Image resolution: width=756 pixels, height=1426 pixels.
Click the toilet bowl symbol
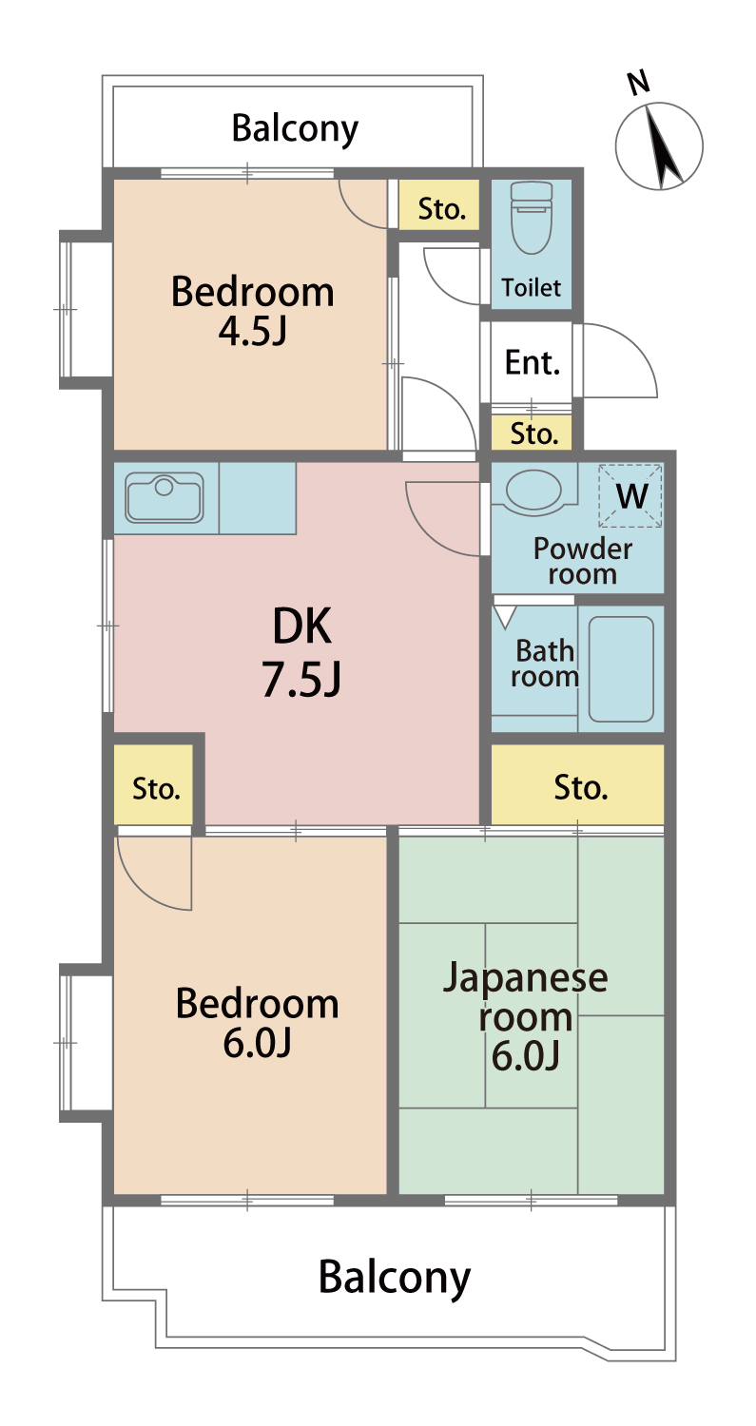pyautogui.click(x=532, y=218)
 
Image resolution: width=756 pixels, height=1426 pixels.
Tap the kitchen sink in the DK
pyautogui.click(x=165, y=497)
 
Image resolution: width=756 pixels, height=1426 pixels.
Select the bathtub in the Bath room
pyautogui.click(x=621, y=668)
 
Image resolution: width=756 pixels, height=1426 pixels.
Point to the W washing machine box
pyautogui.click(x=630, y=496)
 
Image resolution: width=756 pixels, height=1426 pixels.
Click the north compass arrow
pyautogui.click(x=663, y=147)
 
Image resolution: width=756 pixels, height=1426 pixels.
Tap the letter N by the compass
pyautogui.click(x=638, y=83)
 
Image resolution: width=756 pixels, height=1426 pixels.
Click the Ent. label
pyautogui.click(x=533, y=363)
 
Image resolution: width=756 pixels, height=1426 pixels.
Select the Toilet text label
pyautogui.click(x=532, y=288)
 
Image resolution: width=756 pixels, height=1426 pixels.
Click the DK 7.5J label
pyautogui.click(x=301, y=652)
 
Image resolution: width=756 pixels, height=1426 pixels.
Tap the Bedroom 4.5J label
pyautogui.click(x=253, y=311)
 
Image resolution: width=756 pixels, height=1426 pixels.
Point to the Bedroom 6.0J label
pyautogui.click(x=258, y=1023)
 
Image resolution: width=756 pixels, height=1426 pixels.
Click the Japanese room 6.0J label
pyautogui.click(x=526, y=1016)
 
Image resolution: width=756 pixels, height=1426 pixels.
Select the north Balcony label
pyautogui.click(x=295, y=129)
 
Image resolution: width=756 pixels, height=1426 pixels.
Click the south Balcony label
pyautogui.click(x=395, y=1277)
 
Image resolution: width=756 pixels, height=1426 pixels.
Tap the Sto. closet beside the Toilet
pyautogui.click(x=439, y=204)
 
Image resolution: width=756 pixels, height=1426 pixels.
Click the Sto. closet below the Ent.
pyautogui.click(x=532, y=433)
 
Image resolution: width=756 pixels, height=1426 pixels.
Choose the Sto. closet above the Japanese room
pyautogui.click(x=577, y=785)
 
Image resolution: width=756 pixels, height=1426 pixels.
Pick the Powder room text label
pyautogui.click(x=583, y=562)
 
